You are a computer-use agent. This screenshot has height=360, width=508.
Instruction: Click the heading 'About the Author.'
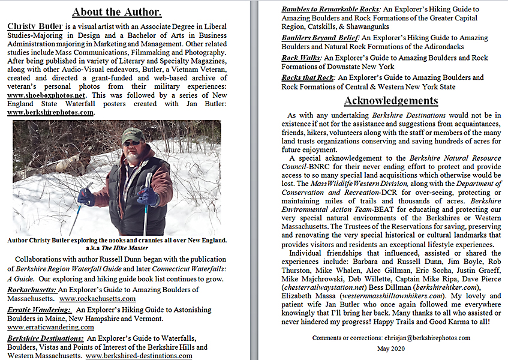[x=118, y=11]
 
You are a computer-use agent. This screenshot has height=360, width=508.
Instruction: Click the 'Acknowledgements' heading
[x=390, y=100]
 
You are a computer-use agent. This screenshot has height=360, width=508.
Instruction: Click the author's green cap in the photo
[x=133, y=134]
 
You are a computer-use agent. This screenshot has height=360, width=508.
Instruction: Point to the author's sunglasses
[x=131, y=142]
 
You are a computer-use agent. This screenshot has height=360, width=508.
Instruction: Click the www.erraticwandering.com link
[x=50, y=327]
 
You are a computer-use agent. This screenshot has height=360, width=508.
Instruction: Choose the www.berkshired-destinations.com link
[x=139, y=355]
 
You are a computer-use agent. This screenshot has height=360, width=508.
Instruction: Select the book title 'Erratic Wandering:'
[x=37, y=310]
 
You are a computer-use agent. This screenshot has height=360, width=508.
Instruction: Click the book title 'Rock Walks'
[x=302, y=58]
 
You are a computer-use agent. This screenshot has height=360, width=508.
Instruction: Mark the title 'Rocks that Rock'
[x=308, y=77]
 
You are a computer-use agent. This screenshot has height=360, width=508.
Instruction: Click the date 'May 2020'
[x=391, y=349]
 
